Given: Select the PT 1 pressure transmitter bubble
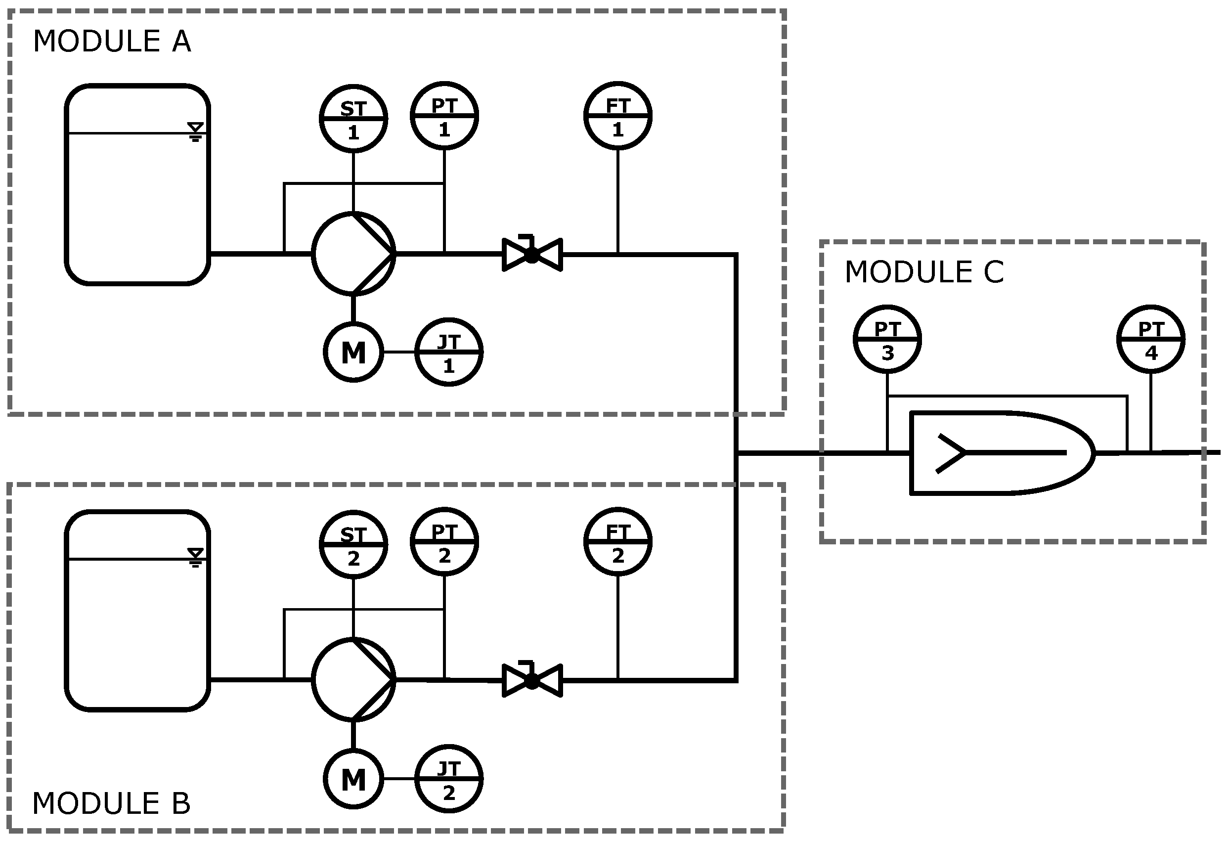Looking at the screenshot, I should [x=444, y=116].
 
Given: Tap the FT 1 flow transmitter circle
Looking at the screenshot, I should [x=617, y=116].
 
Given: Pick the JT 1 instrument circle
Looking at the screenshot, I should [x=448, y=352].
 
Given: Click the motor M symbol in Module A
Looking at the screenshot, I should [x=353, y=352].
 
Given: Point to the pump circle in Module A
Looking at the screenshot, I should [x=353, y=254].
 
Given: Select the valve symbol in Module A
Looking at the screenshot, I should [x=532, y=255].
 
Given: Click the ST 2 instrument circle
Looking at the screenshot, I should [x=353, y=544].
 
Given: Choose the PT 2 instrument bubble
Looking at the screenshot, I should [x=444, y=542].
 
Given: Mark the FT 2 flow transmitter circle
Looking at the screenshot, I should [x=617, y=542].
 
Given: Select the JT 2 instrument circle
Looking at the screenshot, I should [x=448, y=779].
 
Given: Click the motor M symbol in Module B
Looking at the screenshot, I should [x=353, y=779].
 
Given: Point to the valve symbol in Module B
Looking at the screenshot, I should [x=532, y=681].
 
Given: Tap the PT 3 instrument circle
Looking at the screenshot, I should [x=887, y=339].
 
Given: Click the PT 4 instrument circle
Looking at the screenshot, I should [x=1151, y=339].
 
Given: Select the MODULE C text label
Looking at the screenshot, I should [x=923, y=272].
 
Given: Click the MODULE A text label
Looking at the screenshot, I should [x=112, y=41].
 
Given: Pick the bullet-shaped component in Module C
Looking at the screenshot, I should [x=999, y=453].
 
